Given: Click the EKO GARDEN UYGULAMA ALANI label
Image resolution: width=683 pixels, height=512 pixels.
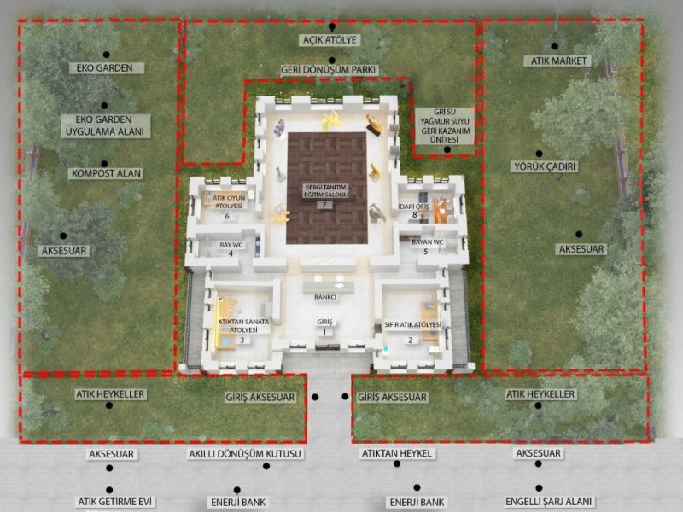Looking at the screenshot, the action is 106,125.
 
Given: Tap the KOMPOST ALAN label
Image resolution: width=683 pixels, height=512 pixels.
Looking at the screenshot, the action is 106,174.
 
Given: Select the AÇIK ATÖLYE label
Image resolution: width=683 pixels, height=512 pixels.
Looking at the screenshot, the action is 330,40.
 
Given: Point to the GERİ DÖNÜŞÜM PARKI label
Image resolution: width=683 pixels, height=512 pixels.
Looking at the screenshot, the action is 328,70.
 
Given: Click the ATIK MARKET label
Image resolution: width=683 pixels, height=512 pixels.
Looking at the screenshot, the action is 558,61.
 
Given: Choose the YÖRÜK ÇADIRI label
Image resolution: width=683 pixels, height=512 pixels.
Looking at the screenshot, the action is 545,166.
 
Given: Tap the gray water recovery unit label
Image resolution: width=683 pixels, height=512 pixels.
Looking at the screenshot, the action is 444,125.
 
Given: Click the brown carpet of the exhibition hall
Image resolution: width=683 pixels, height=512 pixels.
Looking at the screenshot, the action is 327,188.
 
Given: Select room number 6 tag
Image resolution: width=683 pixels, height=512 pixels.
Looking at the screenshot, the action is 227,217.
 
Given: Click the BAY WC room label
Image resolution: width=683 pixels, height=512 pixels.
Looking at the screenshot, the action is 231,245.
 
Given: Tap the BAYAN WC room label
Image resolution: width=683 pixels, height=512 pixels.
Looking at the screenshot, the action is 428,242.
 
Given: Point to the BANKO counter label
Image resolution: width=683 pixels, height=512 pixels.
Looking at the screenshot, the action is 325,297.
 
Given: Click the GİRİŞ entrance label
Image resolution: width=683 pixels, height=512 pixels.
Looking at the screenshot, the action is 324,322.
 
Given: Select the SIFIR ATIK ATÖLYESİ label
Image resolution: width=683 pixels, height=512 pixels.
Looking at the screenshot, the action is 412,325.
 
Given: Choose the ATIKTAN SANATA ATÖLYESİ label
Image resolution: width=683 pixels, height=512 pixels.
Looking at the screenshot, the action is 243,326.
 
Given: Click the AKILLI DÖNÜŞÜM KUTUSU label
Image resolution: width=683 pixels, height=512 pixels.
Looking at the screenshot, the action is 245,454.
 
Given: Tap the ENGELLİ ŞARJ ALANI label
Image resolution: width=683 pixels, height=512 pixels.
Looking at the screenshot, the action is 548,502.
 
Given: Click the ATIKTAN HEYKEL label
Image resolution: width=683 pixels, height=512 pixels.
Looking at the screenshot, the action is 397,453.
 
